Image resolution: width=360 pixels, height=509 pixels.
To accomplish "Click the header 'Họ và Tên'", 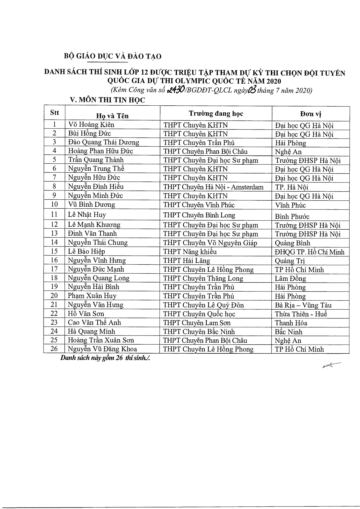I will (x=112, y=116).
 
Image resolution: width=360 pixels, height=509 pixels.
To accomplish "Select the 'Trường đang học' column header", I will (x=216, y=113).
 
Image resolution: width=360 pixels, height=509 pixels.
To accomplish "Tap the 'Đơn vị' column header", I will (x=311, y=114).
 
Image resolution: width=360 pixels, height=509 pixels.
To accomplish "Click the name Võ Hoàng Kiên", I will (x=91, y=125).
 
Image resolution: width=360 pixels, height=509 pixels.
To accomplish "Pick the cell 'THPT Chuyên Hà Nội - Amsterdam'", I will (x=213, y=187).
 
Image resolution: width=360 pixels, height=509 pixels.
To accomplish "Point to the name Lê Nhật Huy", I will (x=87, y=215).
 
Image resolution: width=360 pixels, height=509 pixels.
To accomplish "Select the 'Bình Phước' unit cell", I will (x=292, y=216).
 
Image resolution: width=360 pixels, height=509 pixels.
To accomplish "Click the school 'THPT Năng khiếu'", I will (x=190, y=252).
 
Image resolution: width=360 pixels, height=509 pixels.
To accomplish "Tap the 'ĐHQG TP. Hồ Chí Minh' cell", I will (x=310, y=252).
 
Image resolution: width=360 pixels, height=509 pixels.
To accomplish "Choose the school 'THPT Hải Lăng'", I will (x=187, y=260).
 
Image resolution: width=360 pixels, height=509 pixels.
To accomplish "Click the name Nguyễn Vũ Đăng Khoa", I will (x=102, y=349).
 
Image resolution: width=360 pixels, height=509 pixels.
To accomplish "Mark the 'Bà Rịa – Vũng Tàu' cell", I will (x=303, y=305).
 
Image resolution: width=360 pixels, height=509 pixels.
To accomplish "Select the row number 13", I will (x=54, y=233).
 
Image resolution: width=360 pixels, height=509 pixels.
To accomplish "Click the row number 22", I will (x=54, y=314).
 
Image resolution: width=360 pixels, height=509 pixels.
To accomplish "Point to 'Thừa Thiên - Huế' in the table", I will (x=301, y=314).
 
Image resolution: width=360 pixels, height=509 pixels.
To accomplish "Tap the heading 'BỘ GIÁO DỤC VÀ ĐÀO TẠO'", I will (x=113, y=56).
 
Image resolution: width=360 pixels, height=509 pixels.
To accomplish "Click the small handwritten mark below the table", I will (x=331, y=365).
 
